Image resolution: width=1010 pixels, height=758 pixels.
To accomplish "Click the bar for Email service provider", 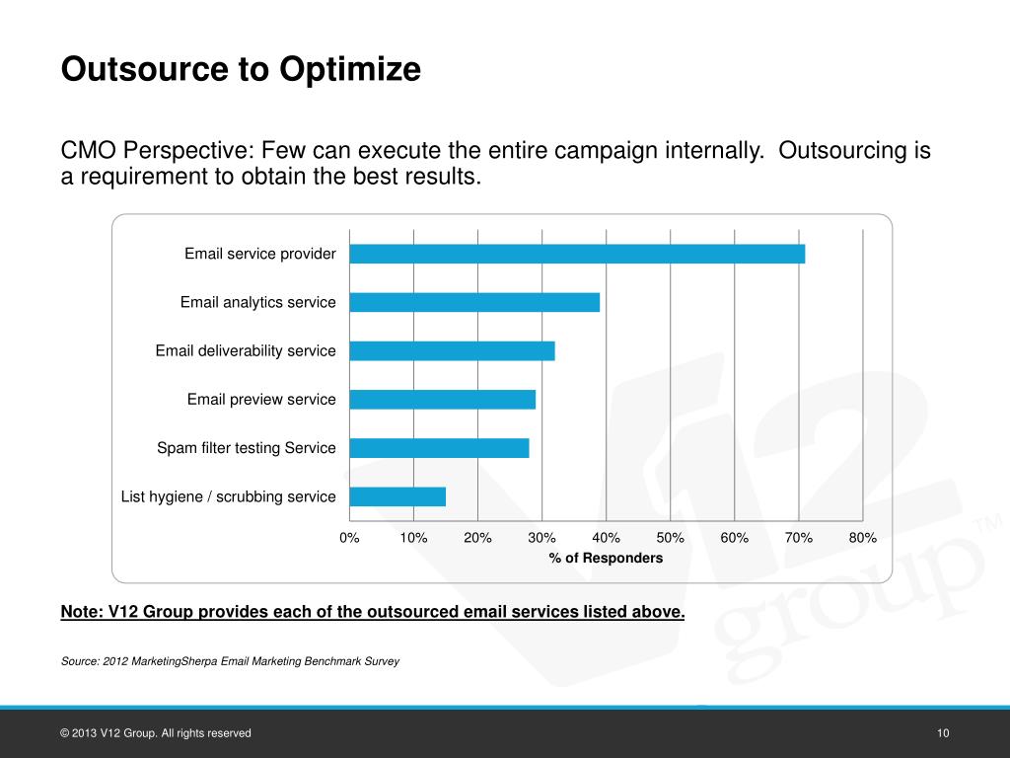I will click(x=577, y=254).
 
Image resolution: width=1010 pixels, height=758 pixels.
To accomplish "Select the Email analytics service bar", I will click(x=474, y=302).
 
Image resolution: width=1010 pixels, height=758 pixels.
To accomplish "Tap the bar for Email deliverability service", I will click(x=452, y=350).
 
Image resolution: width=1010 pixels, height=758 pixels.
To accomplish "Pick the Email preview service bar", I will click(x=442, y=399).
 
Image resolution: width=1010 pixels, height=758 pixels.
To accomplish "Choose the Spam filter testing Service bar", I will click(x=439, y=448).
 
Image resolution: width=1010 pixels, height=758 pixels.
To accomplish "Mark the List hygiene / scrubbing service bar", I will click(x=397, y=496).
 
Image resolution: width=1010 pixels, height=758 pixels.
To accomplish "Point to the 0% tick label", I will click(x=349, y=538).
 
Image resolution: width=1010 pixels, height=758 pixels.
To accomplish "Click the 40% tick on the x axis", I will click(x=606, y=538).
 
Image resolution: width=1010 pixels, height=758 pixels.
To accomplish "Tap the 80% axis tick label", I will click(x=862, y=538).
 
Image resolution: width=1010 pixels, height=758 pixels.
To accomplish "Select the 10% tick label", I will click(x=413, y=538).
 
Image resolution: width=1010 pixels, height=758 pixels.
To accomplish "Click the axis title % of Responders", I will click(x=606, y=559).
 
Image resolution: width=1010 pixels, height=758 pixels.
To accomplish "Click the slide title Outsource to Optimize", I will click(x=241, y=70).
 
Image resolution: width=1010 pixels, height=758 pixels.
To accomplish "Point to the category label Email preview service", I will click(x=261, y=400).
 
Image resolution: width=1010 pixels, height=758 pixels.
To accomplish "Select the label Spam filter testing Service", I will click(x=246, y=448).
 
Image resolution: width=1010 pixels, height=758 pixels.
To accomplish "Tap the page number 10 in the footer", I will click(x=943, y=733).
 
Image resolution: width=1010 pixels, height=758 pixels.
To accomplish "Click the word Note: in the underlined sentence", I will click(x=80, y=612).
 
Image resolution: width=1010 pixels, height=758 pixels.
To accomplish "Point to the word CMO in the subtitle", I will click(x=85, y=152).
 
